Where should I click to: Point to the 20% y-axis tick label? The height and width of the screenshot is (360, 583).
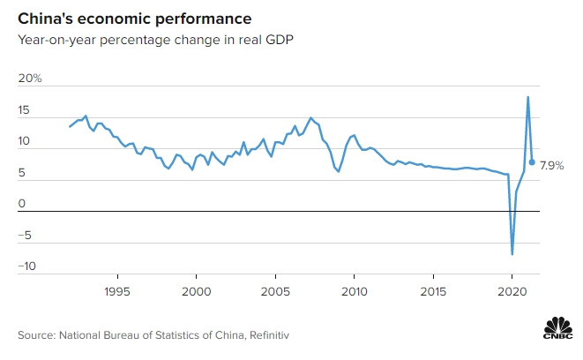click(x=31, y=79)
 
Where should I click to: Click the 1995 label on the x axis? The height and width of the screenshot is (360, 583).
click(x=117, y=291)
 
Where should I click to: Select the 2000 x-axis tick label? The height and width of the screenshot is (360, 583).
click(x=196, y=291)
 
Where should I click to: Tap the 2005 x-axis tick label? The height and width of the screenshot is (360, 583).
click(x=275, y=291)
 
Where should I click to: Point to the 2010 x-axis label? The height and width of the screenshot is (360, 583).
click(x=354, y=291)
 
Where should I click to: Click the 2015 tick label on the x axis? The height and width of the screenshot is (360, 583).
click(x=433, y=291)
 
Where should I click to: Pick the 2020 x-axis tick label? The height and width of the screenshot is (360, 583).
click(x=512, y=291)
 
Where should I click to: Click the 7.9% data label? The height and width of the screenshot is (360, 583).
click(x=552, y=165)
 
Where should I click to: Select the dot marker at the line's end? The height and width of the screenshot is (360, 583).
click(x=532, y=161)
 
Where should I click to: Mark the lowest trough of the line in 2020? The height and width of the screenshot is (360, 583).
click(x=512, y=254)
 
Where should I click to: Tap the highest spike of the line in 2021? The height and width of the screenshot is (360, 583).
click(x=527, y=97)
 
